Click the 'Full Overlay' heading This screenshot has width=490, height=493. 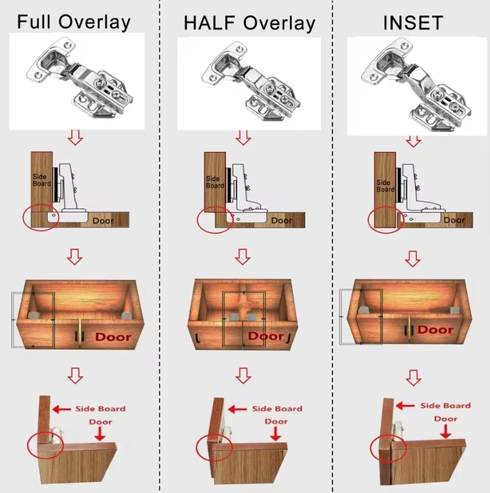coord(73,22)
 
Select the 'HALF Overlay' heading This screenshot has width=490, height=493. coord(249,23)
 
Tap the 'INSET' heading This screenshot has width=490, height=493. coord(413,23)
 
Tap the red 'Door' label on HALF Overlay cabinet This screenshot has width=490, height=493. coord(265,336)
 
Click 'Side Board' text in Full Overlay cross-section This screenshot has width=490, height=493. coord(42,179)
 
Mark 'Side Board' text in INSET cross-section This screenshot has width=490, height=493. coord(385,186)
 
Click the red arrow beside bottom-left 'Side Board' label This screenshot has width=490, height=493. coord(61,409)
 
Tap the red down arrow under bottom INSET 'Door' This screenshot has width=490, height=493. coord(446,432)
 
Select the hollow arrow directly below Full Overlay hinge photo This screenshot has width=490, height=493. coord(75,138)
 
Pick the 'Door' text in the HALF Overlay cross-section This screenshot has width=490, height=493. coord(281,221)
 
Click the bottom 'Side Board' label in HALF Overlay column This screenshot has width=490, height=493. coord(277,409)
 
